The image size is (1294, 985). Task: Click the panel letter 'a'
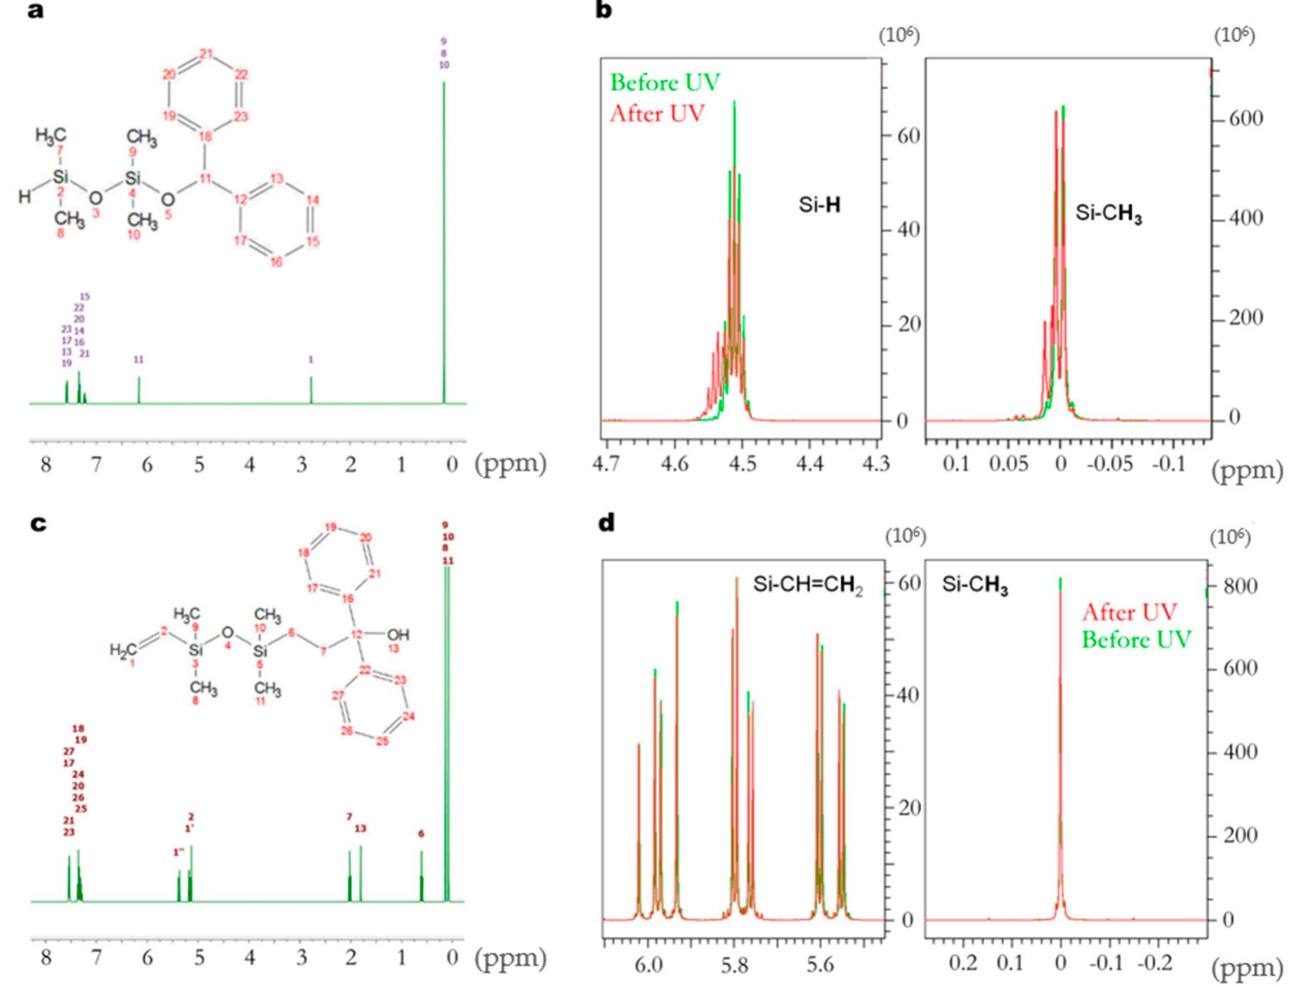tap(36, 11)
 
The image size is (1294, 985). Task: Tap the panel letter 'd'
tap(606, 523)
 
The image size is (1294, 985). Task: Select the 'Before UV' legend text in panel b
tap(665, 83)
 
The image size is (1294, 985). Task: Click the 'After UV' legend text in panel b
tap(657, 113)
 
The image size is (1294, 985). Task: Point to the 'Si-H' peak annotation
tap(819, 206)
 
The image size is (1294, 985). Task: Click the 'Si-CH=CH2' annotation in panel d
tap(807, 585)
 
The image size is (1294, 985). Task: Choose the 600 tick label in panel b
tap(1246, 119)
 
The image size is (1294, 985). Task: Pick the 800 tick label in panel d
tap(1240, 586)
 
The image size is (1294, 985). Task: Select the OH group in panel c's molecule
tap(398, 634)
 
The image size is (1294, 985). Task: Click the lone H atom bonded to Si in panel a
tap(24, 196)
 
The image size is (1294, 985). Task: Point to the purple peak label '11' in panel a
tap(139, 360)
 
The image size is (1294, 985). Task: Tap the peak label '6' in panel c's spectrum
tap(421, 833)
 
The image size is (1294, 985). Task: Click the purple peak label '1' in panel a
tap(311, 360)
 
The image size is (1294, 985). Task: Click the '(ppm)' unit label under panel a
tap(511, 464)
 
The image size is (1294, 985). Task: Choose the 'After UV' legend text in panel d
tap(1129, 612)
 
